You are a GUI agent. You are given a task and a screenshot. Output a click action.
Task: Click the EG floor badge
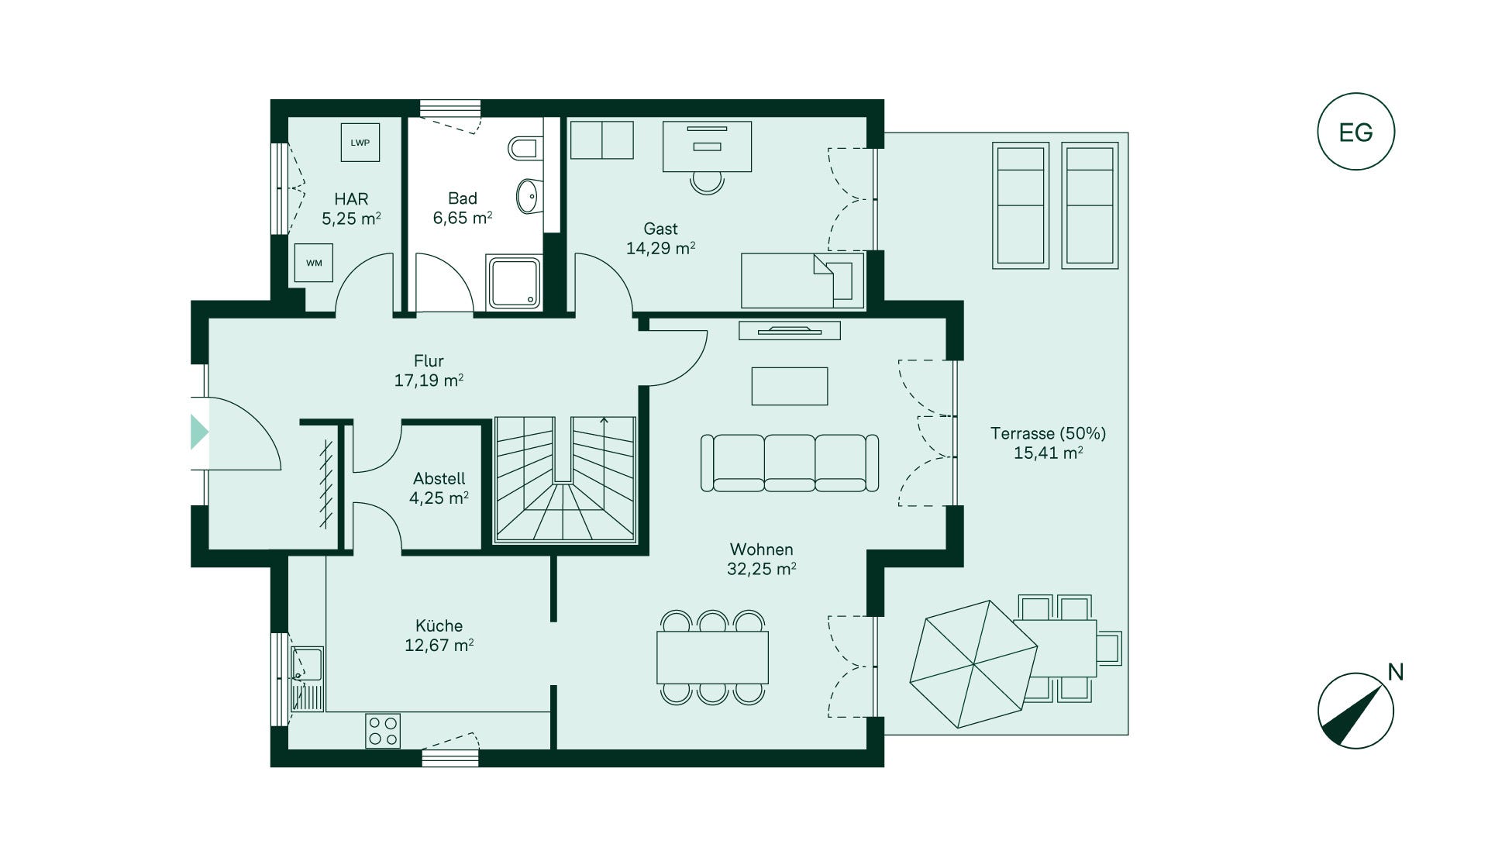click(1355, 132)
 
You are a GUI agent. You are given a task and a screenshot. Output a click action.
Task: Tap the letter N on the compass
click(1395, 672)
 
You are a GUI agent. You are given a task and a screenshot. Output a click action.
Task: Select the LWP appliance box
click(360, 143)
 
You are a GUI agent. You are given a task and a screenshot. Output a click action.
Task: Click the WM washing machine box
click(314, 263)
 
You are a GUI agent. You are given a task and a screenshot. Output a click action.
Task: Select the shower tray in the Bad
click(513, 284)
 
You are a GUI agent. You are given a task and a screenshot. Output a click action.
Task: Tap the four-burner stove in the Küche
click(383, 731)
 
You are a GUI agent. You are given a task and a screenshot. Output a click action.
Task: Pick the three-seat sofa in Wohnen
click(790, 463)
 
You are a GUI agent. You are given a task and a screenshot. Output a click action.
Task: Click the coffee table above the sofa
click(790, 386)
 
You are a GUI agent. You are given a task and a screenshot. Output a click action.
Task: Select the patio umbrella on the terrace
click(973, 664)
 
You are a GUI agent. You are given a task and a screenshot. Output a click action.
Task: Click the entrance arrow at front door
click(200, 432)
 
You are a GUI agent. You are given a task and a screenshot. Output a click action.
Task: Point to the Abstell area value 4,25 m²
click(439, 498)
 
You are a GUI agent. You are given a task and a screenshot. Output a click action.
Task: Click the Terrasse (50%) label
click(1048, 433)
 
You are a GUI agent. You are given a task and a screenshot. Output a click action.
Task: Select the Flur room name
click(429, 361)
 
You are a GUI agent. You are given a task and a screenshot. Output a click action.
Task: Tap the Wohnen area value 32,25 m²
click(762, 569)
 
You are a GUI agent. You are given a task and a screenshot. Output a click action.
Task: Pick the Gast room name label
click(660, 229)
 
